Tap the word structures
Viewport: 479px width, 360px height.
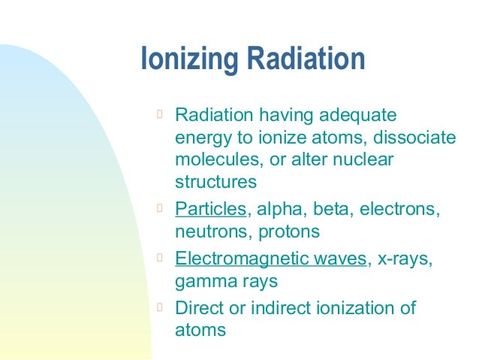pyautogui.click(x=215, y=182)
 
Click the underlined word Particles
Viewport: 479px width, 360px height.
pyautogui.click(x=210, y=209)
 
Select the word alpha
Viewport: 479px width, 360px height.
pyautogui.click(x=276, y=209)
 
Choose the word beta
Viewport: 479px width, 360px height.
pyautogui.click(x=331, y=209)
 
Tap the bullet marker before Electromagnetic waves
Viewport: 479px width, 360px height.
pyautogui.click(x=159, y=258)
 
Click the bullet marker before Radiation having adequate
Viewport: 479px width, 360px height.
pyautogui.click(x=159, y=115)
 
